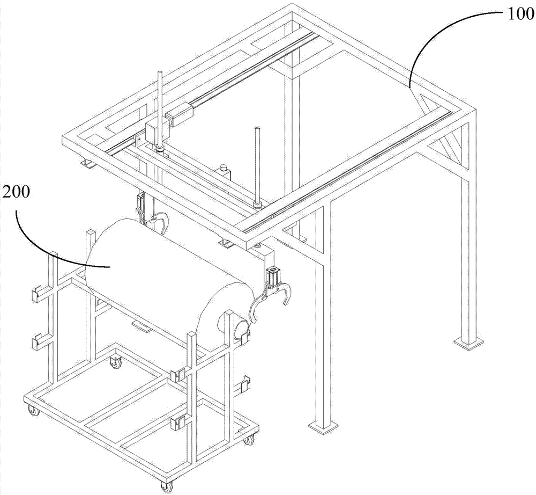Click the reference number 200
coord(16,194)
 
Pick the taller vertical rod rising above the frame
coord(159,110)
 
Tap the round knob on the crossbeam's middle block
coord(224,168)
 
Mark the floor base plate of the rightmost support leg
coord(468,343)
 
